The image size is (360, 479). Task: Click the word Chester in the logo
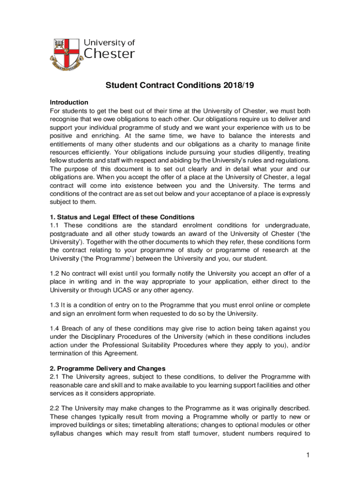pyautogui.click(x=109, y=54)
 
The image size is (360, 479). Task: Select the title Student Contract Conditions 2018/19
pyautogui.click(x=180, y=85)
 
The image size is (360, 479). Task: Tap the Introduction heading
pyautogui.click(x=69, y=102)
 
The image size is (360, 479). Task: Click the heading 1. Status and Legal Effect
pyautogui.click(x=122, y=217)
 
